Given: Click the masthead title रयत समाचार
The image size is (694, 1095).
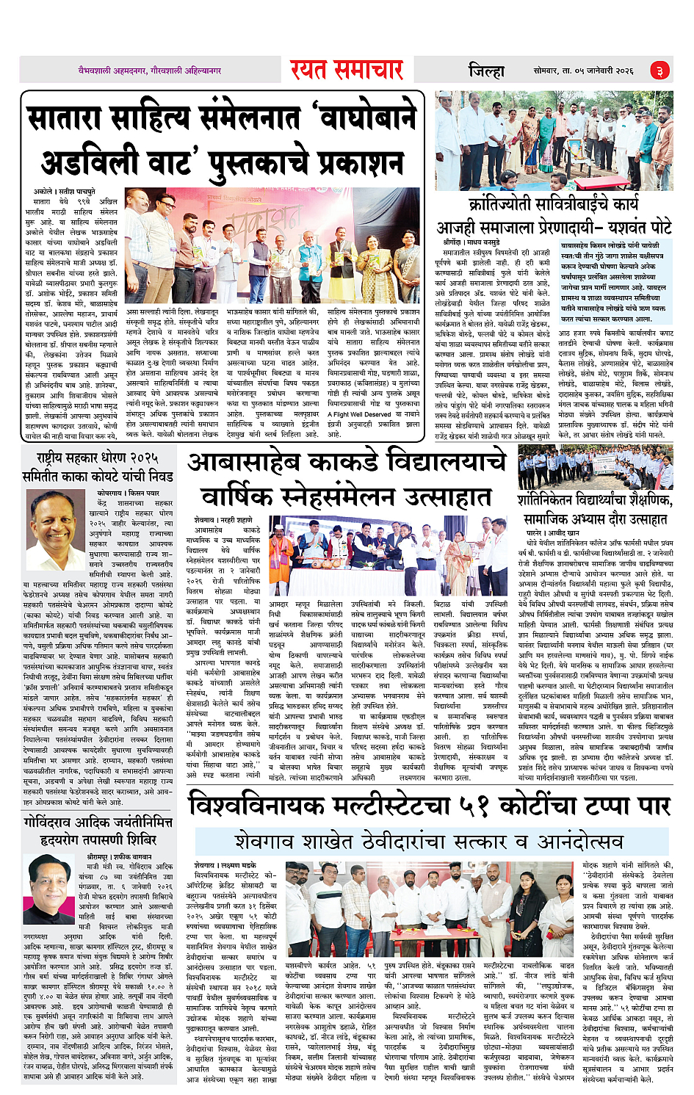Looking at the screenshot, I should pos(346,71).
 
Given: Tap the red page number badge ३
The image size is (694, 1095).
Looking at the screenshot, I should pos(659,71).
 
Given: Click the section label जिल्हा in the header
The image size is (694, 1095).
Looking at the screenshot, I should pos(486,71).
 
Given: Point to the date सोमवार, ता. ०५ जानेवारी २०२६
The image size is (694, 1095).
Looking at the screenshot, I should pos(583,71).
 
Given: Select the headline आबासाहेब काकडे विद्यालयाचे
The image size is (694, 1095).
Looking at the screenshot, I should pos(346,463).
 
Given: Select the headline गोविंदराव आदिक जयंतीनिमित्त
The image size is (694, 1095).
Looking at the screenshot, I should pos(97,823).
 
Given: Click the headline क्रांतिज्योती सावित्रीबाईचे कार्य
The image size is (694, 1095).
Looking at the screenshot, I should pos(554,203).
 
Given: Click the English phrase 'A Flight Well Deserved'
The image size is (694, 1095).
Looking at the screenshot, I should pos(361,414).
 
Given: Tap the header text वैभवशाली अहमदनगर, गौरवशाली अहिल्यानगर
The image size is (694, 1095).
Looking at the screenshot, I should pos(150,71).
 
